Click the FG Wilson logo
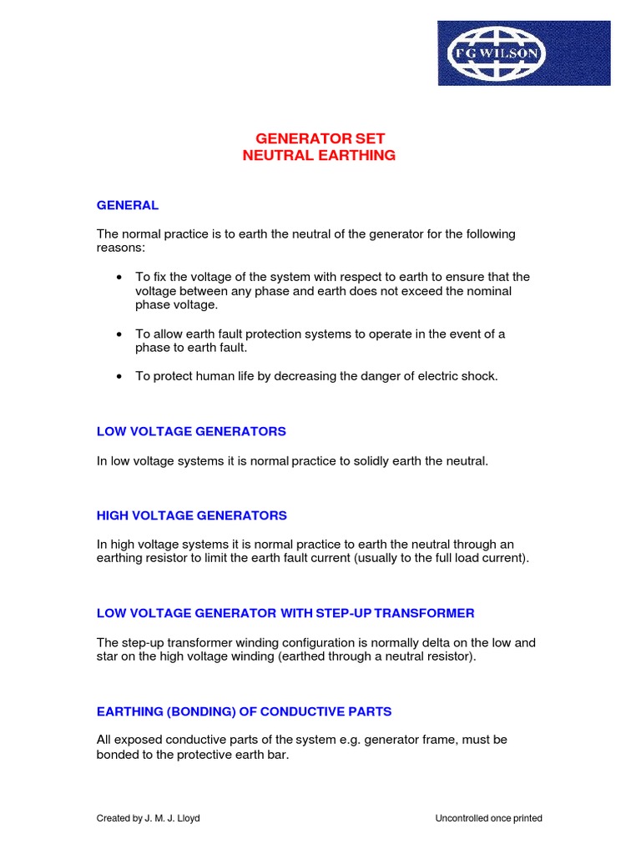tap(524, 53)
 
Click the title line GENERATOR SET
tap(320, 138)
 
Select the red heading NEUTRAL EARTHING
tap(320, 156)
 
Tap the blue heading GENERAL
tap(128, 205)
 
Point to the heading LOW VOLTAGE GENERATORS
tap(191, 431)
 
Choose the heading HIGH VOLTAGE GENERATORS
tap(192, 515)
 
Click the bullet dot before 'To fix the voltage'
tap(120, 277)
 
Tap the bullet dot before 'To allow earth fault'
tap(120, 334)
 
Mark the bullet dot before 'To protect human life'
tap(120, 376)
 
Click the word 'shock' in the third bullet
tap(477, 376)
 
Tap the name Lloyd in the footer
tap(189, 818)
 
